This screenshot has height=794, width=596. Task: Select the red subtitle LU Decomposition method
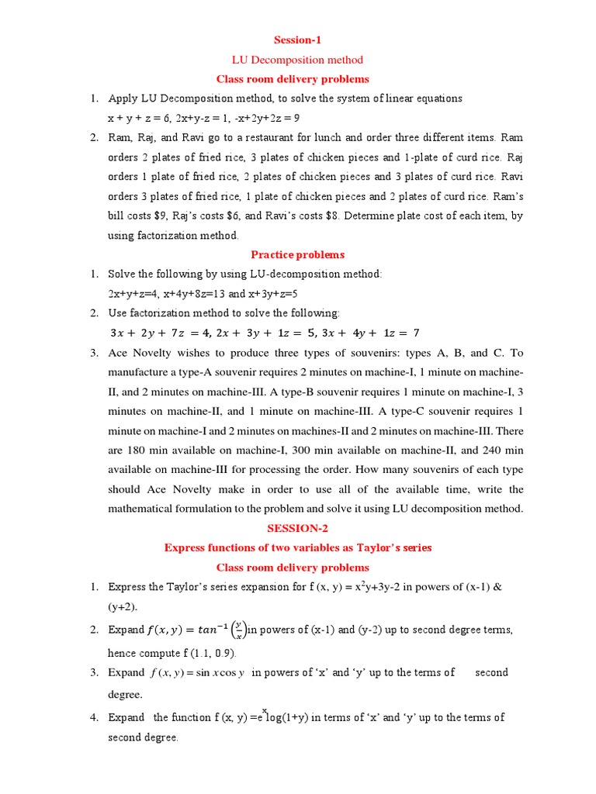point(297,60)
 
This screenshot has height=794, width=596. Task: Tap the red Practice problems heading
point(297,254)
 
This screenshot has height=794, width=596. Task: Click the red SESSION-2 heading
point(297,528)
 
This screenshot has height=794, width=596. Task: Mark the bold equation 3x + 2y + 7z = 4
point(160,333)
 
